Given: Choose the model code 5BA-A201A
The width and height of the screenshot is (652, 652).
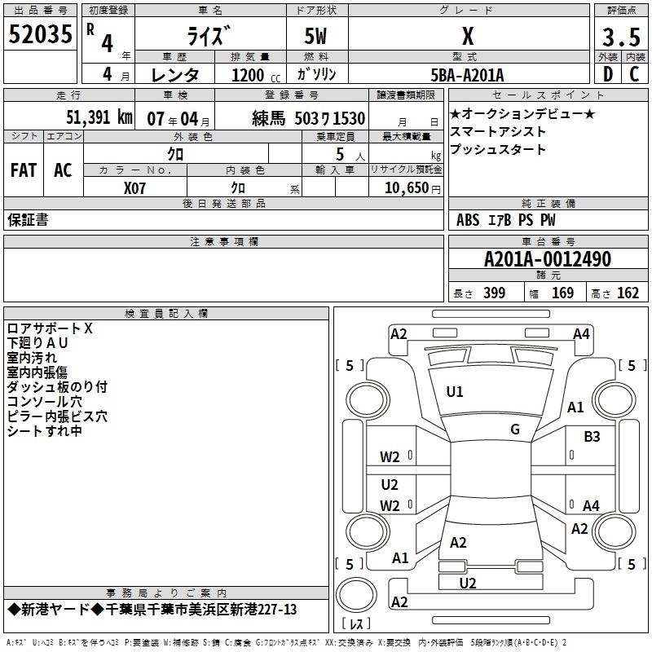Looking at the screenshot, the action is click(x=467, y=75).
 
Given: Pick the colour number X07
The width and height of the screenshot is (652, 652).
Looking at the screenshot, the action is click(x=135, y=187).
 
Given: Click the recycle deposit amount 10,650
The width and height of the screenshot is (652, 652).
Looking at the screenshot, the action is click(x=405, y=188).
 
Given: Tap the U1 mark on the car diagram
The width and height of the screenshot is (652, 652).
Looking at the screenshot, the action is click(x=455, y=392).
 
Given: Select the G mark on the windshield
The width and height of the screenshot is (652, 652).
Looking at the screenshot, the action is click(x=515, y=430).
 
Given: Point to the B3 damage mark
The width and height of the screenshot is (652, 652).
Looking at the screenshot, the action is click(x=592, y=437).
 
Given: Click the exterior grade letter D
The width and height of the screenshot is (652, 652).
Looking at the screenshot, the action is click(x=607, y=75).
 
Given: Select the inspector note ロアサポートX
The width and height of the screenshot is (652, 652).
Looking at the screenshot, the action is click(x=51, y=328).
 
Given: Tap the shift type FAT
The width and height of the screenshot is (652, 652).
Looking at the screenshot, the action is click(x=23, y=170).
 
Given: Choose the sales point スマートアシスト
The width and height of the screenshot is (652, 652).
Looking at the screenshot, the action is click(x=497, y=131).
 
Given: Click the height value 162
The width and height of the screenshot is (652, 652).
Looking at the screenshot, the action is click(x=628, y=293).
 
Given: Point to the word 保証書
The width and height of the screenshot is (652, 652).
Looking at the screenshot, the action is click(x=28, y=220).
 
